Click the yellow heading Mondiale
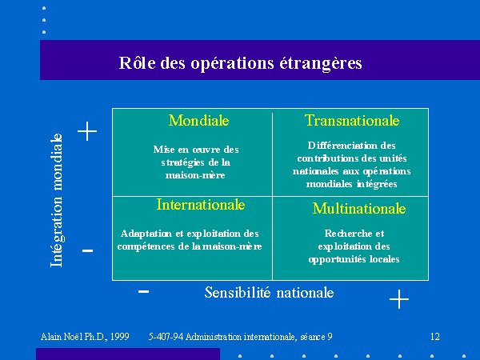(x=198, y=120)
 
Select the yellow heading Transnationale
(x=352, y=120)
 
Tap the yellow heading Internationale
(x=201, y=205)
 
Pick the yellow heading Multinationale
(x=359, y=209)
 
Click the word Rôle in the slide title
(x=137, y=62)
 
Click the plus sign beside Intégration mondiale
(x=87, y=131)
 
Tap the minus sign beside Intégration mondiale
(x=87, y=251)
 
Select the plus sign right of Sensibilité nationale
(x=399, y=298)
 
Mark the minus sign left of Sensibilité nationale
(x=143, y=291)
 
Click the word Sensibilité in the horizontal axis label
(x=238, y=292)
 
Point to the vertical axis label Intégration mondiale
(x=57, y=200)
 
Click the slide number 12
(x=435, y=337)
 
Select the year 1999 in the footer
(x=120, y=337)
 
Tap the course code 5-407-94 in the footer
(x=166, y=337)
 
